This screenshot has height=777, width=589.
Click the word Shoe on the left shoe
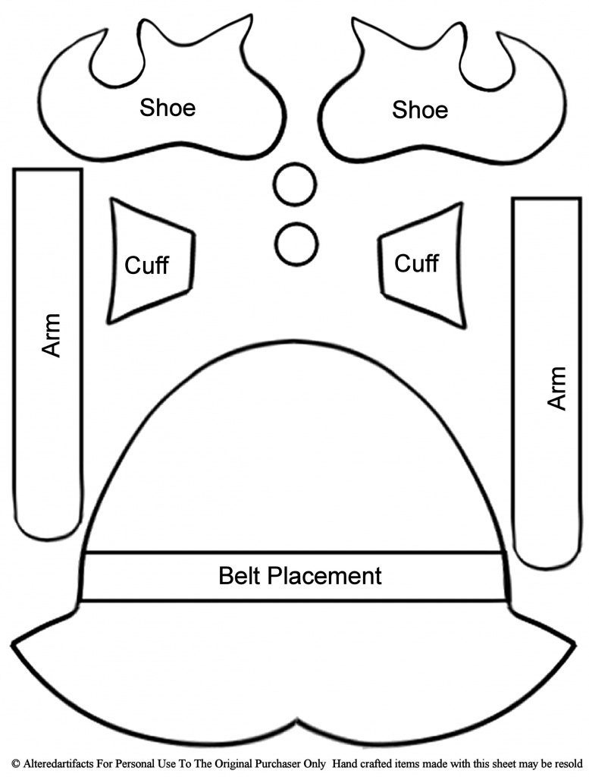(x=167, y=107)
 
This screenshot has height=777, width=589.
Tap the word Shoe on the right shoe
(x=419, y=110)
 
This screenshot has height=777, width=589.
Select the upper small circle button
(x=296, y=184)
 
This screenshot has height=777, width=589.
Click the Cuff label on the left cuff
(x=146, y=266)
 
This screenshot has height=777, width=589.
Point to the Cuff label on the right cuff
(x=416, y=263)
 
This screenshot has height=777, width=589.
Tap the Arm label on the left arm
(x=51, y=335)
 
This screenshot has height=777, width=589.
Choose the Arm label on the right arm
(x=557, y=388)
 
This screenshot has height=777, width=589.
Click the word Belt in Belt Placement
(x=240, y=575)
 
